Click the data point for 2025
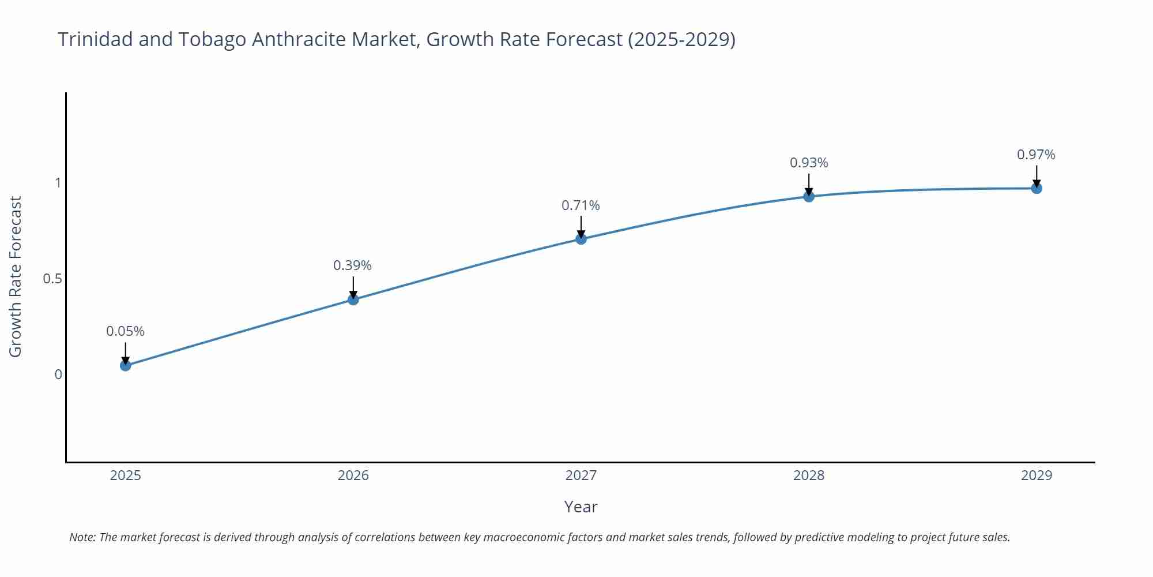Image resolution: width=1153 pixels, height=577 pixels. [126, 365]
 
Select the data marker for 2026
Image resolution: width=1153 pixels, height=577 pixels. [353, 299]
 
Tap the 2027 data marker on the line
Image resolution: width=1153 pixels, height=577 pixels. [581, 238]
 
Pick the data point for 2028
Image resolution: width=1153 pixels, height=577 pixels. [809, 196]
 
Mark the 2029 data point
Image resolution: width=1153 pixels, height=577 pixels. [1037, 188]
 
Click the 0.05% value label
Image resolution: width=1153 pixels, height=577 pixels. [125, 331]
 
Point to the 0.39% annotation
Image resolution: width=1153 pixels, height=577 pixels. [352, 265]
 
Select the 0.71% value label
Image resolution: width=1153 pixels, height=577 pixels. [581, 205]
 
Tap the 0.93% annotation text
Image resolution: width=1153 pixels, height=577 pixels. [809, 163]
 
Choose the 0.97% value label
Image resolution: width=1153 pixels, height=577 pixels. [1036, 155]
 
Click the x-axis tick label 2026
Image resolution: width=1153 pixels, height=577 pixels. [353, 475]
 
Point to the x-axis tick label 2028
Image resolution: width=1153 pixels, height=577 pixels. [809, 475]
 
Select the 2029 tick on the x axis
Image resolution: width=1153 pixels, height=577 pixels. [1036, 475]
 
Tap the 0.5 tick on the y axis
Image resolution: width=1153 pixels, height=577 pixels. [52, 279]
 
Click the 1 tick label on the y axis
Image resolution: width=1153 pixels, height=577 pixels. [58, 183]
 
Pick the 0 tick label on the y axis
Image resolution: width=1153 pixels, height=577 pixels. [58, 374]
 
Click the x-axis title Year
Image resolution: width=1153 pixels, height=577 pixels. [581, 507]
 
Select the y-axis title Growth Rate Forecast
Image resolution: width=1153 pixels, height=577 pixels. [16, 276]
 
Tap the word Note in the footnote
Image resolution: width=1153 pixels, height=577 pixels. [82, 537]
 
